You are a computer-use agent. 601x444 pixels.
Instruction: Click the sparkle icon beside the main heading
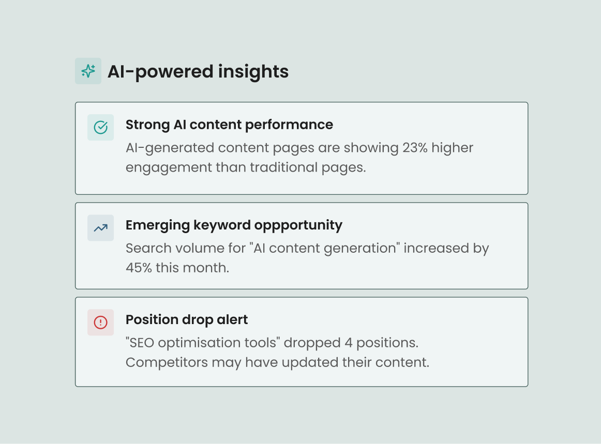88,71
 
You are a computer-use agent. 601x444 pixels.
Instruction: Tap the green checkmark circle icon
100,127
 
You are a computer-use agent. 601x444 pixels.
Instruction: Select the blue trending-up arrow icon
100,227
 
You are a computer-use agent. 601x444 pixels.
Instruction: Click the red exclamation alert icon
100,323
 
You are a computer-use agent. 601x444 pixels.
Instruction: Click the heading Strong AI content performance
229,125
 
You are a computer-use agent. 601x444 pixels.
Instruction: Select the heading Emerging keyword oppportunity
234,225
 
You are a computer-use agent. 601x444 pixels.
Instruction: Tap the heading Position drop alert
187,319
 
